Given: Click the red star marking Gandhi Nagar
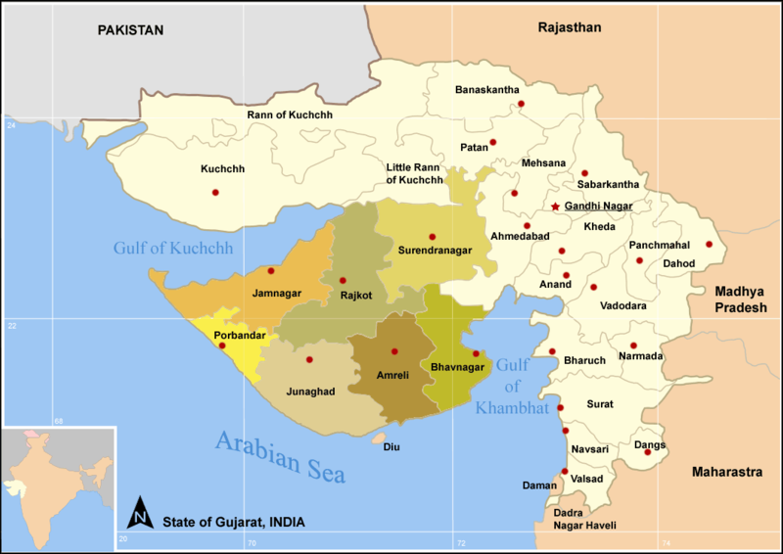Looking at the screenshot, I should pos(556,207).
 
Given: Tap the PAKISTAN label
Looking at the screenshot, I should pos(129,31).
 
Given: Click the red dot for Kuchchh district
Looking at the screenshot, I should pos(215,192).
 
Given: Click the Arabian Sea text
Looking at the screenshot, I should pos(281,456).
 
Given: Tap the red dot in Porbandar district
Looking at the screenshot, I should pos(222,346).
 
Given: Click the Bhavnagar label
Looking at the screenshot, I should pos(457,368).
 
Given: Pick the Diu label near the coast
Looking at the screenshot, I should pos(391,447).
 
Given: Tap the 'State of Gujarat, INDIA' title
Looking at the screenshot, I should pos(233,522).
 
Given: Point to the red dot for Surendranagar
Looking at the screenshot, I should pos(432,237).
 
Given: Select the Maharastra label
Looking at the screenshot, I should pos(726,473).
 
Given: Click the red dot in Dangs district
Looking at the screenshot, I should pos(647,451).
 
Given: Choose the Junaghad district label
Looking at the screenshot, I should pos(309,391).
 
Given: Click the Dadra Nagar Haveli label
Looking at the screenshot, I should pos(584,519).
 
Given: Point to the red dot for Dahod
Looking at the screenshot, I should pos(709,245).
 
